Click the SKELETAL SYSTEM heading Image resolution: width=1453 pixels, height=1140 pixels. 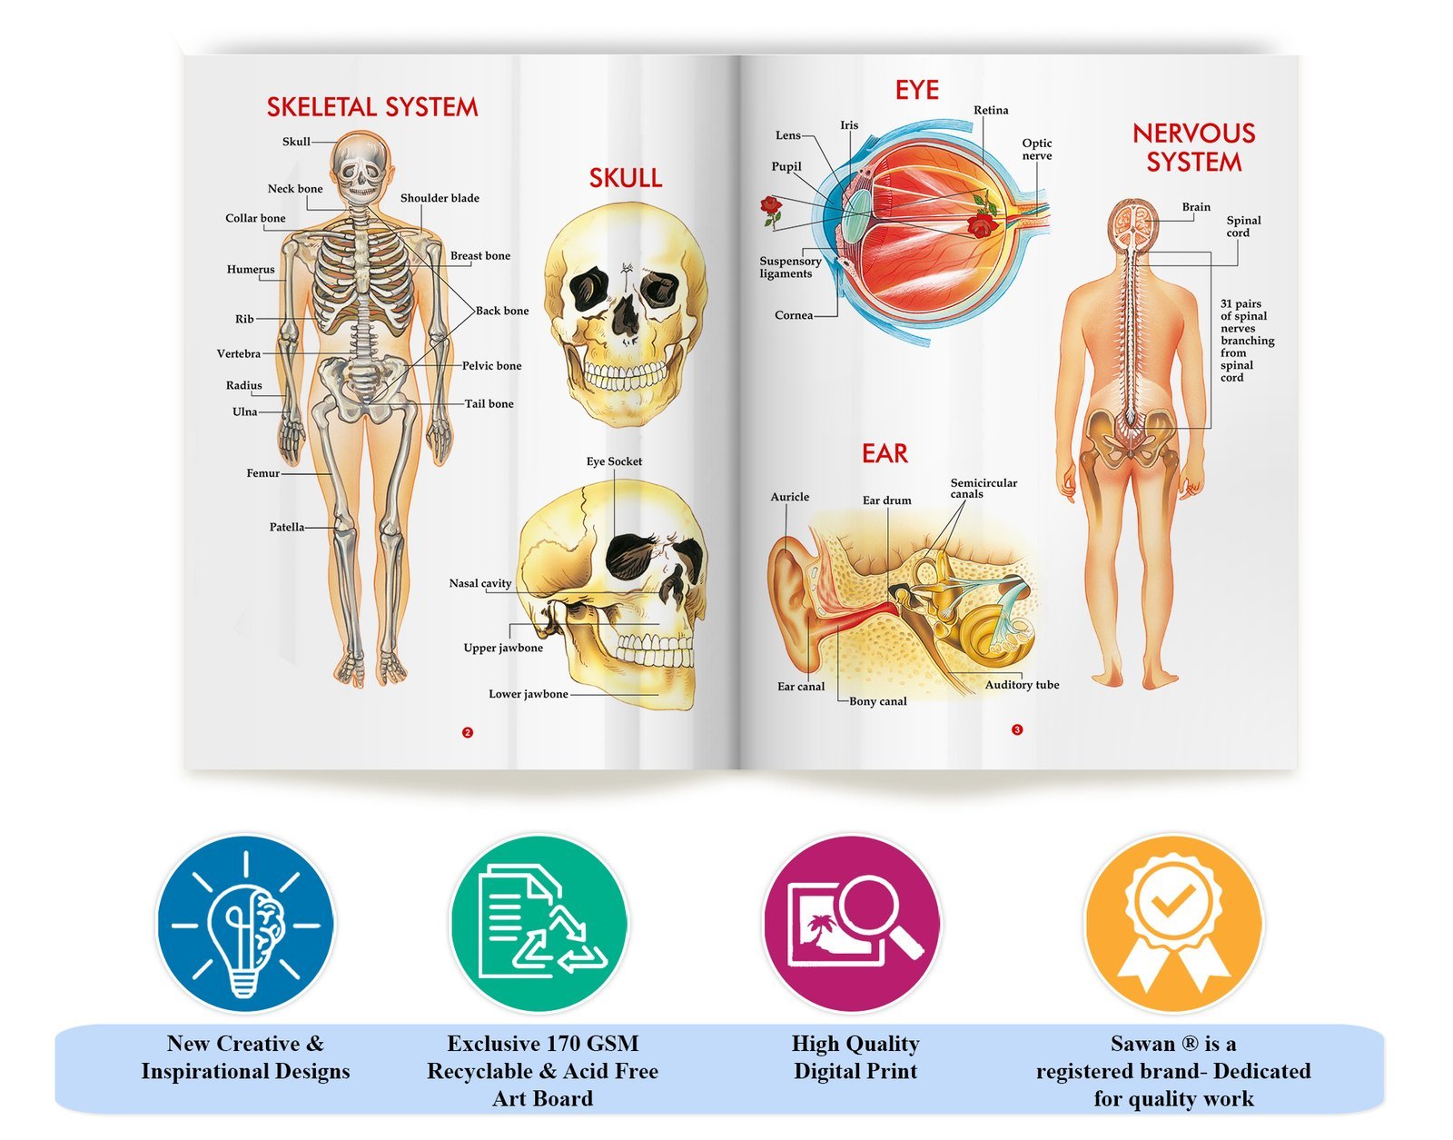[x=372, y=107]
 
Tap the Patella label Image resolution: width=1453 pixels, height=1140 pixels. [x=287, y=527]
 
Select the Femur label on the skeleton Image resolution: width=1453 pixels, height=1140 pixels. [x=263, y=473]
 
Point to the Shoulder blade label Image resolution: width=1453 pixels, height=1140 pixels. [x=440, y=198]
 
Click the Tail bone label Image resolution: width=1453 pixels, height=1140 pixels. [x=489, y=404]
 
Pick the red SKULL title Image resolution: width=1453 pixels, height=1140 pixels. [x=626, y=178]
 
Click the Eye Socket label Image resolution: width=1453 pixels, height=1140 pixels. [x=614, y=461]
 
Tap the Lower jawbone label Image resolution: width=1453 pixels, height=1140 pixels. [x=529, y=694]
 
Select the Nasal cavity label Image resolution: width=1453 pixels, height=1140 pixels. [x=480, y=583]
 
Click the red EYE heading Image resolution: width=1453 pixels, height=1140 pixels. [x=917, y=90]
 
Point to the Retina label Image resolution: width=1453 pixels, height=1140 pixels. [x=991, y=110]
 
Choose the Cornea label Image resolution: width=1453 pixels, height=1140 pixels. [x=794, y=315]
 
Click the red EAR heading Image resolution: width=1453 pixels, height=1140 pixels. [x=885, y=453]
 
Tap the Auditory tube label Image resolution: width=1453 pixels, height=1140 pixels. [x=1022, y=685]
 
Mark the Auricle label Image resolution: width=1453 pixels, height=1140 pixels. [x=790, y=497]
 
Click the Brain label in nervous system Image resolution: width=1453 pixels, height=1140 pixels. [x=1196, y=207]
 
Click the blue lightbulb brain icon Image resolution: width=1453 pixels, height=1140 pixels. [x=246, y=925]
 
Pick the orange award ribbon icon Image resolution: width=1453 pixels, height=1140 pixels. [x=1173, y=924]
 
